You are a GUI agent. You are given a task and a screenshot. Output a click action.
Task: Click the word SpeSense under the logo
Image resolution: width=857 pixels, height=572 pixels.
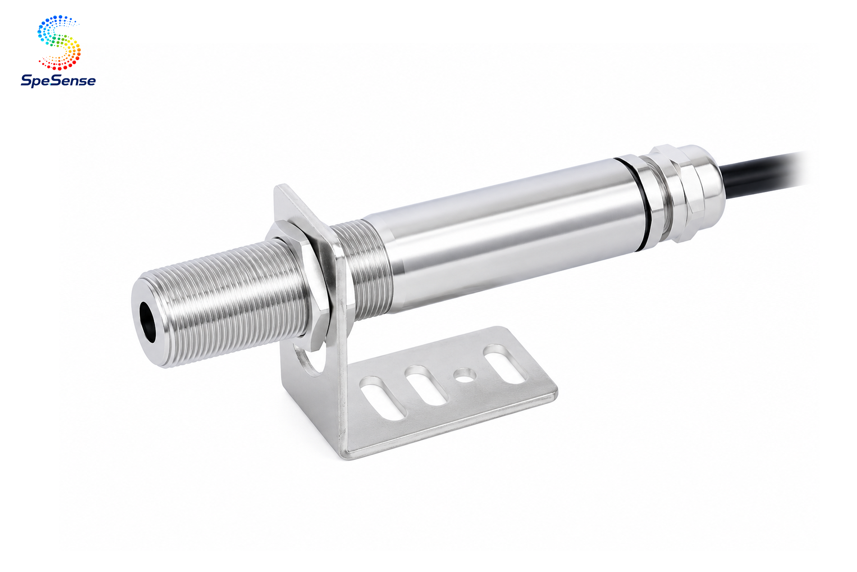pos(58,81)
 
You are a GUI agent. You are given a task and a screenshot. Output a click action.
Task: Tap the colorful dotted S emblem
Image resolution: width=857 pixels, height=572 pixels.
pos(59,42)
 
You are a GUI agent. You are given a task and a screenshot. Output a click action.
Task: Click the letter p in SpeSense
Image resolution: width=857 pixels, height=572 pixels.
pos(36,82)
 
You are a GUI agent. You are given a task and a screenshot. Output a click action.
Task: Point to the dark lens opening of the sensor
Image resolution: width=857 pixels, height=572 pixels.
pos(147,322)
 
